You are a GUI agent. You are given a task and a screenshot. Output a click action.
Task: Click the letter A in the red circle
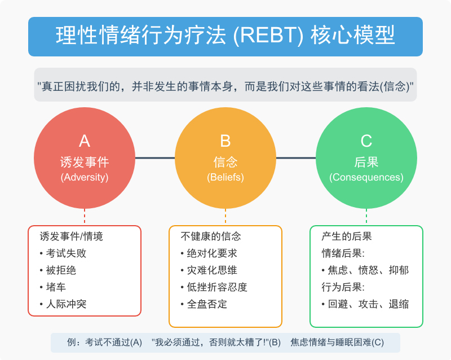[85, 141]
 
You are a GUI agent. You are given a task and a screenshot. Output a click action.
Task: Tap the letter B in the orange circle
[225, 141]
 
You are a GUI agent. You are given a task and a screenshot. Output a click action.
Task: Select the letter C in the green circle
[366, 141]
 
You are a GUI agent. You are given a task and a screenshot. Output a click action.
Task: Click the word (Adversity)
[85, 177]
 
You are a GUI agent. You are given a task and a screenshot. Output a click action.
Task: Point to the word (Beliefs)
[225, 177]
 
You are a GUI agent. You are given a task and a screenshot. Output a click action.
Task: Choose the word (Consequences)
[366, 177]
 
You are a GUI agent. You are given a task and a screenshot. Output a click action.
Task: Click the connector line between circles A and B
[155, 158]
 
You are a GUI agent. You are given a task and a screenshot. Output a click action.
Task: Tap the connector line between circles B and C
[296, 158]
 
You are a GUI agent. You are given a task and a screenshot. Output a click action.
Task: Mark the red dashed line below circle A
[85, 216]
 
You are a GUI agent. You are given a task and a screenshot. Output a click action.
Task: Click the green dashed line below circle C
[366, 216]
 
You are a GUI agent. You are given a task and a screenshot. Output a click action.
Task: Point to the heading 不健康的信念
[211, 236]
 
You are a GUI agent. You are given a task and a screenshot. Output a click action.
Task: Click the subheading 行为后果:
[343, 287]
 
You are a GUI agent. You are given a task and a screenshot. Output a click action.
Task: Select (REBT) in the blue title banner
[268, 36]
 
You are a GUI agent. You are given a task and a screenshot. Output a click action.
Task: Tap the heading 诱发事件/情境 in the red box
[72, 236]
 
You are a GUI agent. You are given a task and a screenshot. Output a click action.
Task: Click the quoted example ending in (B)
[216, 343]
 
